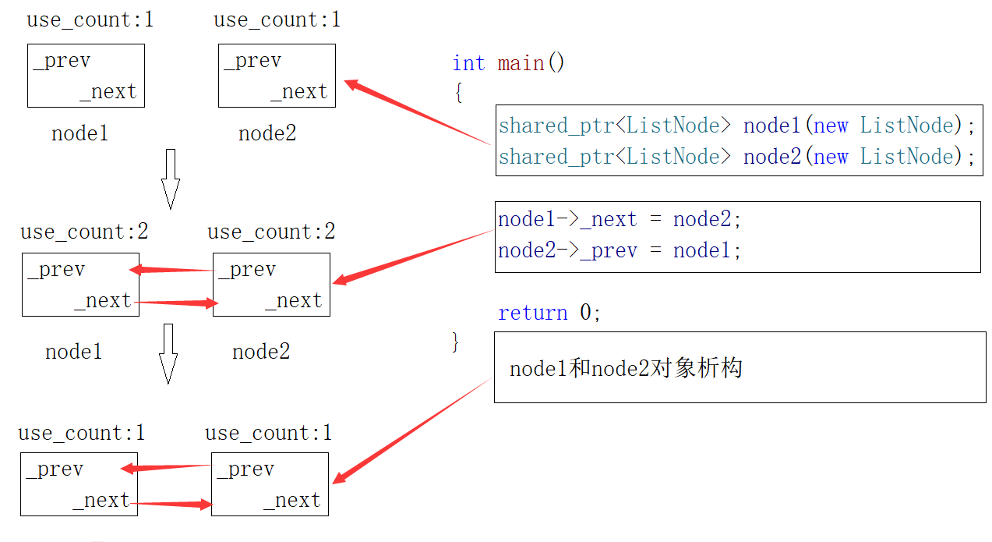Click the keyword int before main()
(x=468, y=63)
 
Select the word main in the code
(x=521, y=63)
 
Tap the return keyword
(x=533, y=313)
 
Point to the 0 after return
(x=586, y=313)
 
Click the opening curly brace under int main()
(x=458, y=93)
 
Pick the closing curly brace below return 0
(x=456, y=342)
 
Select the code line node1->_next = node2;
(x=620, y=220)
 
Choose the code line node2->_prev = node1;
(x=620, y=250)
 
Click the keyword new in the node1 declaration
(x=831, y=126)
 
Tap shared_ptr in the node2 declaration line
(x=556, y=157)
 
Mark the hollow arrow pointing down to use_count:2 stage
(x=170, y=179)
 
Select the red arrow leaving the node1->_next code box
(x=413, y=256)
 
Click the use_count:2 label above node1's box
(x=84, y=232)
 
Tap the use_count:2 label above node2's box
(x=271, y=232)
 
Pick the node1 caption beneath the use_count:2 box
(x=74, y=352)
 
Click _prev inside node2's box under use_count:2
(x=247, y=270)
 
